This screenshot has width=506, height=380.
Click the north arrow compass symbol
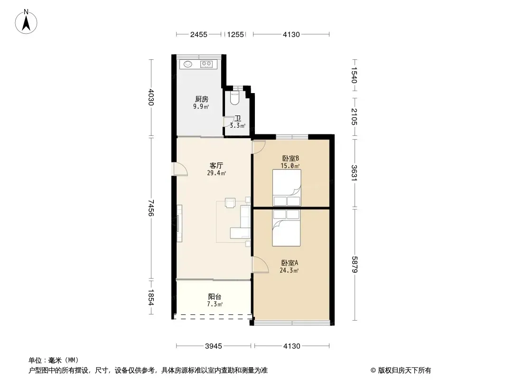tap(26, 22)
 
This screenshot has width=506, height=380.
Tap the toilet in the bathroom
tap(234, 98)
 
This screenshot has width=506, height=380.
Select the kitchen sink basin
tap(188, 64)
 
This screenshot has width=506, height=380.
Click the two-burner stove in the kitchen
tap(206, 64)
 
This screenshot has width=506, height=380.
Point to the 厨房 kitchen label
tap(201, 99)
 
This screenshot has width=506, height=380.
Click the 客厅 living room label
tap(216, 166)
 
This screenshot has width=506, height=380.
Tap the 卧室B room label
tap(290, 159)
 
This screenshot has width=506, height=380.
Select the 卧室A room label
tap(290, 263)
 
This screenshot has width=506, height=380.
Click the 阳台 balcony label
tap(215, 297)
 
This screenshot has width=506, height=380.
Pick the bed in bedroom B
tap(287, 188)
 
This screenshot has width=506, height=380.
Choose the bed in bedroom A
tap(286, 228)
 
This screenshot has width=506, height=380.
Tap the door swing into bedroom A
tap(260, 265)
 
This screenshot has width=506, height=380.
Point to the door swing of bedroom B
tap(259, 147)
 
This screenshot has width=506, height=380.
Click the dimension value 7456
tap(151, 208)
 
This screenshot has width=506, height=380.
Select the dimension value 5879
tap(355, 265)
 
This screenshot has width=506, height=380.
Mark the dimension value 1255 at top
tap(235, 35)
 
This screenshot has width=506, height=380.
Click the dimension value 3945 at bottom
tap(214, 346)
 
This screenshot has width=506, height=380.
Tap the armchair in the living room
tap(230, 202)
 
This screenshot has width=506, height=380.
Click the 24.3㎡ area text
tap(289, 271)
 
